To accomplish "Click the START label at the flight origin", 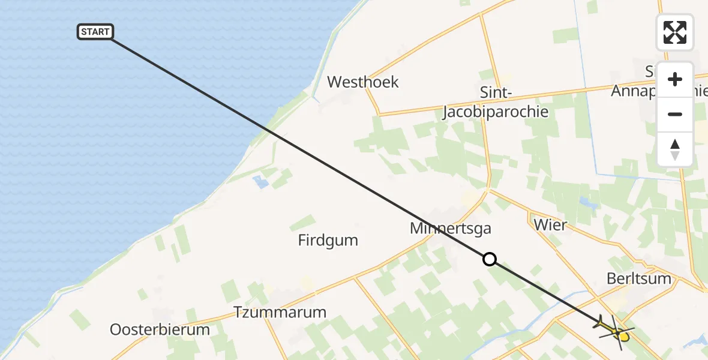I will pyautogui.click(x=95, y=32).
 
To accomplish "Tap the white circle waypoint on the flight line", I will pyautogui.click(x=490, y=259).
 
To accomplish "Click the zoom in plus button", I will pyautogui.click(x=675, y=79).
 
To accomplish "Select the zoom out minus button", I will pyautogui.click(x=675, y=114).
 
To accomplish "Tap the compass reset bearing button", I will pyautogui.click(x=675, y=149).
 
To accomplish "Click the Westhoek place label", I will pyautogui.click(x=362, y=82).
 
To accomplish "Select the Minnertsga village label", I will pyautogui.click(x=451, y=229).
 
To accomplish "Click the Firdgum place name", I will pyautogui.click(x=328, y=241).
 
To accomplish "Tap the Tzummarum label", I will pyautogui.click(x=280, y=313).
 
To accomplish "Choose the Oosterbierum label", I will pyautogui.click(x=160, y=329).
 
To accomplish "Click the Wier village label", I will pyautogui.click(x=550, y=225).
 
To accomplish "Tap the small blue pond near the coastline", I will pyautogui.click(x=261, y=182).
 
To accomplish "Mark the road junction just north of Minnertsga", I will pyautogui.click(x=489, y=190).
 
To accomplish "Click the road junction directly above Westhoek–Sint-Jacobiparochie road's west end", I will pyautogui.click(x=379, y=113).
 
